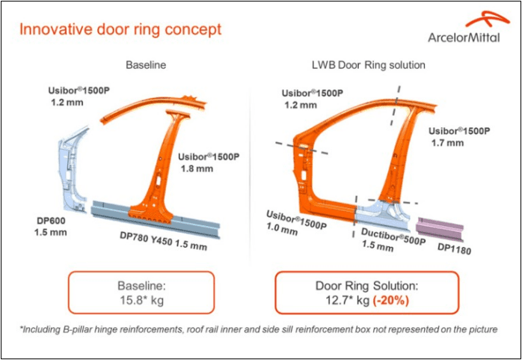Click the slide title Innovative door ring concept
(120, 31)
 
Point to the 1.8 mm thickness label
(197, 169)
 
